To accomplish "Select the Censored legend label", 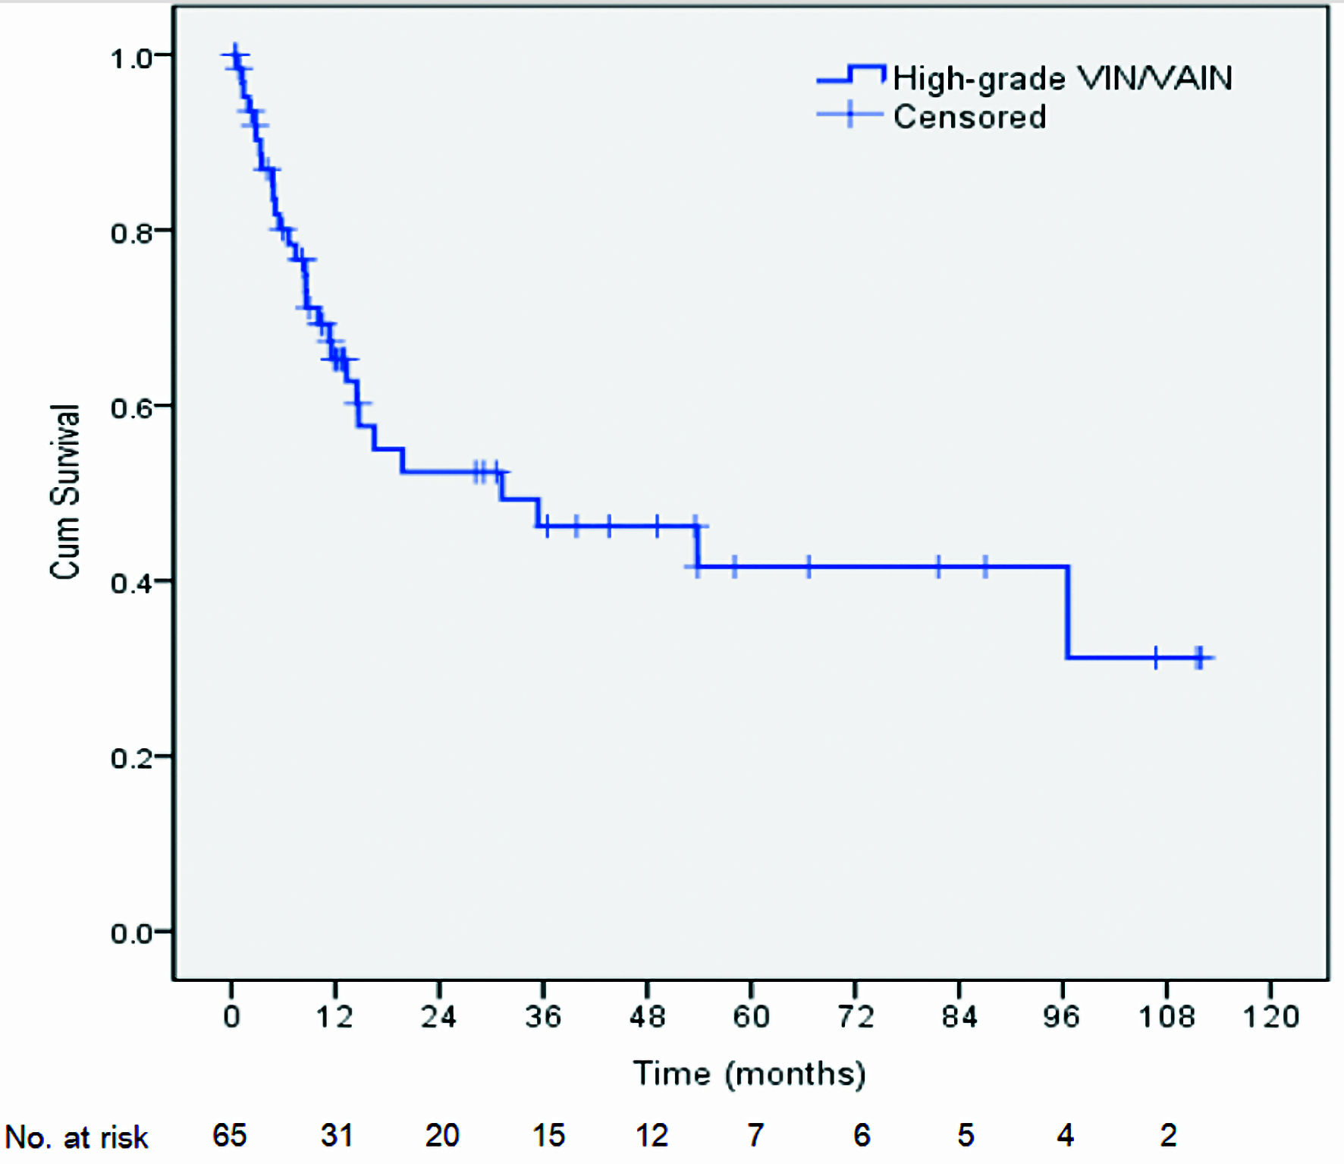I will coord(969,117).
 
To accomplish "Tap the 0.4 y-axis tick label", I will coord(132,583).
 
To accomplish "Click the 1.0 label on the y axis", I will coord(132,58).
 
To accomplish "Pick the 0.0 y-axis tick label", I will coord(132,933).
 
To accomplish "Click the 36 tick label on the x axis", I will coord(543,1016).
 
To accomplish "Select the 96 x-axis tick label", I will coord(1061,1016).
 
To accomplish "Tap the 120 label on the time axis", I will coord(1270,1016).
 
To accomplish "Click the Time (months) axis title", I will coord(749,1074).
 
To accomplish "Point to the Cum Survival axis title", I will coord(65,492).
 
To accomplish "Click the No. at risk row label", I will coord(77,1137).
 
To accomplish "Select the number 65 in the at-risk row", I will coord(229,1135).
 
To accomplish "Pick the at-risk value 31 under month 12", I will coord(336,1135).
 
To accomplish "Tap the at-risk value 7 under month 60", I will coord(755,1135).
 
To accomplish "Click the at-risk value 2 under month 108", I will coord(1168,1135).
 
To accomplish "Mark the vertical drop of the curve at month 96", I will coord(1067,612).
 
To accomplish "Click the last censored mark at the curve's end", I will coord(1199,658).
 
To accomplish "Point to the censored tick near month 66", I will coord(809,567).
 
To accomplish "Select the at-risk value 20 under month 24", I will coord(442,1135).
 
